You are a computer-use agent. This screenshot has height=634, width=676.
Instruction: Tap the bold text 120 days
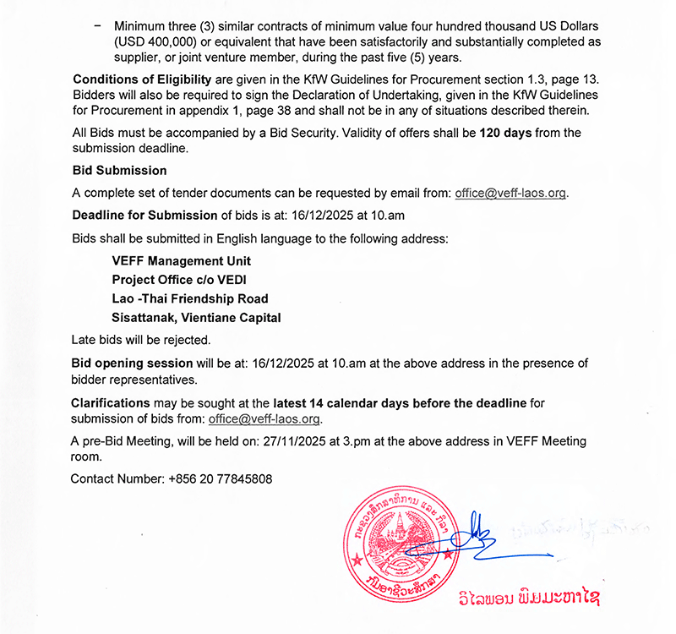point(506,133)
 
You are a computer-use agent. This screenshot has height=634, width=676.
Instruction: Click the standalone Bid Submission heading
point(119,171)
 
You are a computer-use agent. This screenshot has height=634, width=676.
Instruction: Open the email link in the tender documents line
point(510,193)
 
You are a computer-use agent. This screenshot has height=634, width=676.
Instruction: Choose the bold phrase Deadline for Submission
point(144,216)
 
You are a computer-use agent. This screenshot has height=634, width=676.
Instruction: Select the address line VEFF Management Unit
point(181,261)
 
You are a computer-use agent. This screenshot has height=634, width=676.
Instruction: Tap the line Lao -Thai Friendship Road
point(189,298)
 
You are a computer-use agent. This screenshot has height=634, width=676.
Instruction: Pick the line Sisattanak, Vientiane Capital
point(196,318)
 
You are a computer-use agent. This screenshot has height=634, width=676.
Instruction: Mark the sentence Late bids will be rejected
point(141,341)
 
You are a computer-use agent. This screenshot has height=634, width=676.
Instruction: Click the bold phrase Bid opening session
point(133,363)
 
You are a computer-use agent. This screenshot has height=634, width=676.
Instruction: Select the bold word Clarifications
point(111,402)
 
